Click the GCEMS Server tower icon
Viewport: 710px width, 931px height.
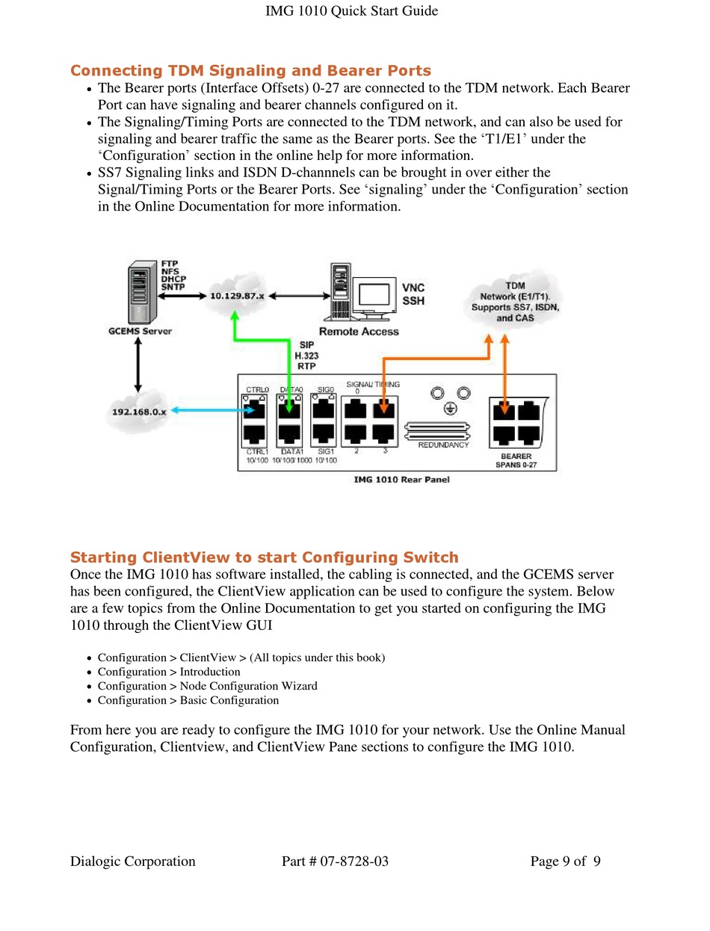coord(143,293)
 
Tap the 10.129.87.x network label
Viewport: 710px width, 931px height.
coord(237,296)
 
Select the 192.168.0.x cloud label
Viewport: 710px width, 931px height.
coord(139,412)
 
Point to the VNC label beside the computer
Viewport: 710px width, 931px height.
coord(413,288)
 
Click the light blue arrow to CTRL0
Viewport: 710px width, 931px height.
coord(212,410)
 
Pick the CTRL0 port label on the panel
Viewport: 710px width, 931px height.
coord(257,390)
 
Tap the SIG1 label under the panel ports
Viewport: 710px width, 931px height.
coord(326,452)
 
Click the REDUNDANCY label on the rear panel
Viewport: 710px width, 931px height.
coord(443,445)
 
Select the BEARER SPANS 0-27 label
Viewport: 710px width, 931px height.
coord(516,460)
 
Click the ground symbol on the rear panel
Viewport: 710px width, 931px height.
coord(450,409)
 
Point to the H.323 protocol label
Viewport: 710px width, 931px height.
coord(306,356)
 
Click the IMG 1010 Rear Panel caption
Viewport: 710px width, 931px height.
coord(401,480)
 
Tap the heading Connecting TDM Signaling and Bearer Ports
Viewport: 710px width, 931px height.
coord(250,70)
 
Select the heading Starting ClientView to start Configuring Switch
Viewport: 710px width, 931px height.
coord(265,557)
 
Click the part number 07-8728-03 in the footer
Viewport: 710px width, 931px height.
coord(354,861)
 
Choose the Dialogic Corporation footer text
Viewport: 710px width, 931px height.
coord(133,862)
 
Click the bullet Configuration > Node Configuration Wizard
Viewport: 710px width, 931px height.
coord(208,686)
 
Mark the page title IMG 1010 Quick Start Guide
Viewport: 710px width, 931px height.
coord(351,10)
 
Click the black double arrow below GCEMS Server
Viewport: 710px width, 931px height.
coord(138,365)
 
